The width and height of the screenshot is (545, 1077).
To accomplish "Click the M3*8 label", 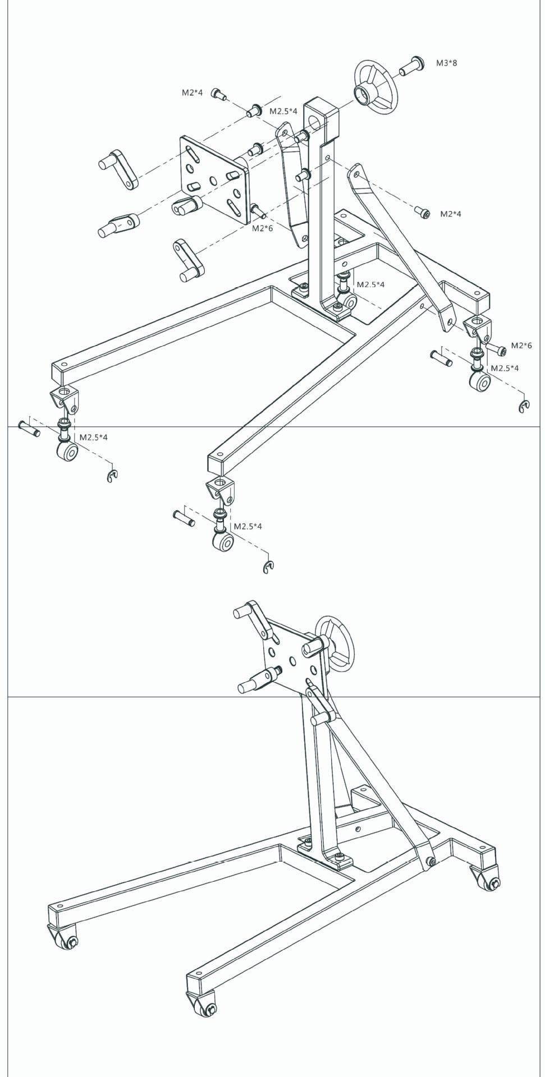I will tap(446, 63).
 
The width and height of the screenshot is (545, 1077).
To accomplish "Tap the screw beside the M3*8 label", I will tap(411, 66).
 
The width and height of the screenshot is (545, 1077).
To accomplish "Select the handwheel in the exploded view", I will tap(375, 87).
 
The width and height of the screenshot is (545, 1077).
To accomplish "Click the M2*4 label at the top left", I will tap(192, 93).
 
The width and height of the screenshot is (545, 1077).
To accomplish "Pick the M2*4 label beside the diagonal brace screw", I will tap(450, 214).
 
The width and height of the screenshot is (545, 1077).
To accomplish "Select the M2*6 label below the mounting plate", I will tap(262, 228).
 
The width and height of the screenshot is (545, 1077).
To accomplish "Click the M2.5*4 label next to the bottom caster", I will tap(248, 526).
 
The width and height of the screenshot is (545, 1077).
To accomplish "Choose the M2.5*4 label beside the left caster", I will tap(93, 436).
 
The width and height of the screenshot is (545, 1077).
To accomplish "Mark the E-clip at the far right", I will tap(523, 407).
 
